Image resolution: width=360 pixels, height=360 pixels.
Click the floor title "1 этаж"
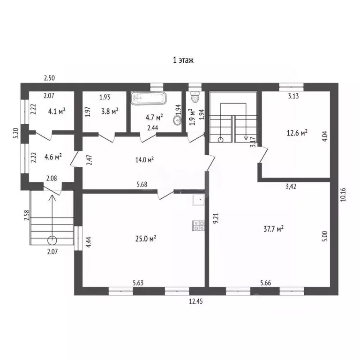pos(183,60)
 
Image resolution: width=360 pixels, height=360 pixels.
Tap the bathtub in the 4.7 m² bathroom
pos(148,98)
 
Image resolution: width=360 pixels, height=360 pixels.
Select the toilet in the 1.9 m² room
pos(195,97)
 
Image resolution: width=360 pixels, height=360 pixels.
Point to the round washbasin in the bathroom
pos(178,120)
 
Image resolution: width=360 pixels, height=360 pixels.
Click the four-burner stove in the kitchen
pos(199,225)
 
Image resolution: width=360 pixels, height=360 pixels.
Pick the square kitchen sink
pos(199,200)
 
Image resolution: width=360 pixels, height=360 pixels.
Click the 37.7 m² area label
pos(273,229)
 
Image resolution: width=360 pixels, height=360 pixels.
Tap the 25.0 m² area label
pos(146,239)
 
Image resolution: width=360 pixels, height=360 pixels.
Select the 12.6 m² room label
pos(297,133)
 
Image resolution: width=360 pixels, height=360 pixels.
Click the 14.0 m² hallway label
pos(144,159)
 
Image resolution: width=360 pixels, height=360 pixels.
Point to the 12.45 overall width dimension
pos(196,301)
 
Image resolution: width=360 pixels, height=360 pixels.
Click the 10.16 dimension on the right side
pos(343,195)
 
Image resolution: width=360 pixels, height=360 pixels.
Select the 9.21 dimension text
pos(216,218)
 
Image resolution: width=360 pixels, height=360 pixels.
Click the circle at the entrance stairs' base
pos(52,240)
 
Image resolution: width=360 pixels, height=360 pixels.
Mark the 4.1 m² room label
pos(56,112)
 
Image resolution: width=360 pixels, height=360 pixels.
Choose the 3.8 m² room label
pos(110,112)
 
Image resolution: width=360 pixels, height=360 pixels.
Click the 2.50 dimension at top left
pos(49,78)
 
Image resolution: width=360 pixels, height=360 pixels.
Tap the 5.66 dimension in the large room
pos(266,283)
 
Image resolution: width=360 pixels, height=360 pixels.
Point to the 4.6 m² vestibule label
pos(53,157)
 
